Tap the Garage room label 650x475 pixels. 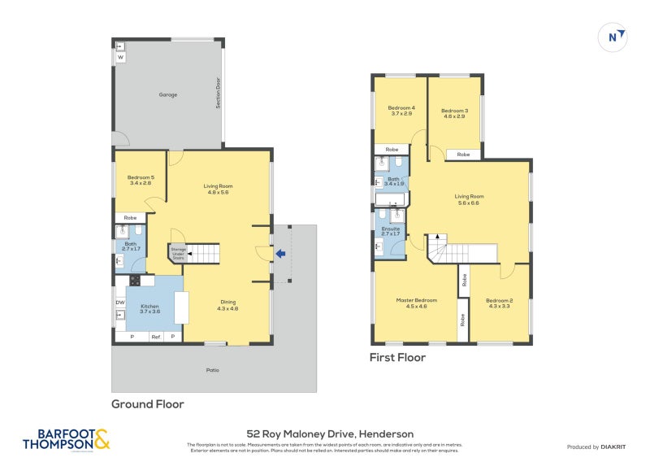click(168, 95)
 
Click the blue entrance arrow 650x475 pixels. click(280, 254)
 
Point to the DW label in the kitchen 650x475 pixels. click(120, 303)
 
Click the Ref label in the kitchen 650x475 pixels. click(155, 337)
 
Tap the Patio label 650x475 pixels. click(213, 370)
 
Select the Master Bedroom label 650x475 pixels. click(416, 303)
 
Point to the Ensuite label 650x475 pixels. click(390, 232)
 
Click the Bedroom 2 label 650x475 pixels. click(500, 303)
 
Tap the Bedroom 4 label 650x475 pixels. click(401, 111)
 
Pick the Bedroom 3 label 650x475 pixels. click(454, 114)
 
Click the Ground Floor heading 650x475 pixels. click(147, 404)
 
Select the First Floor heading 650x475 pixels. click(397, 357)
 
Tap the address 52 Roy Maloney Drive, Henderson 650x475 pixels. click(330, 434)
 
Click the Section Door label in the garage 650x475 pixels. click(219, 93)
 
